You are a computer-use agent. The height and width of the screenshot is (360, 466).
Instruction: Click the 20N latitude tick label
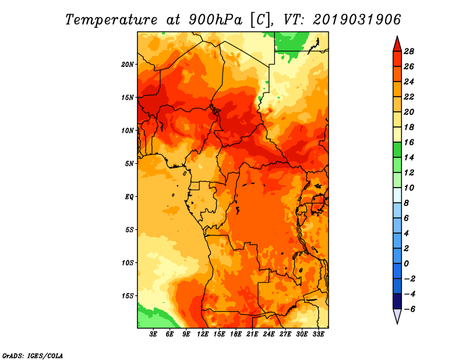click(127, 65)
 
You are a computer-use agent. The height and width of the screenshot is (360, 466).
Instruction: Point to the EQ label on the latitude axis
click(129, 197)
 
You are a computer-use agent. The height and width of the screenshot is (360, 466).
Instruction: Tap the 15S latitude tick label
click(128, 296)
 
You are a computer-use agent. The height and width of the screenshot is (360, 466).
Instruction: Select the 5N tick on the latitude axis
click(129, 164)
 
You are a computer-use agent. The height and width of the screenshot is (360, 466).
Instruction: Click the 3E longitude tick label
click(153, 334)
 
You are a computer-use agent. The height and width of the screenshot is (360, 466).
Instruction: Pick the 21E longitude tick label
click(252, 334)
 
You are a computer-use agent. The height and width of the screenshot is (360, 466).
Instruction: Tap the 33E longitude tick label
click(318, 334)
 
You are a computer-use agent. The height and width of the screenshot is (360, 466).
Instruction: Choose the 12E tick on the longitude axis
click(203, 334)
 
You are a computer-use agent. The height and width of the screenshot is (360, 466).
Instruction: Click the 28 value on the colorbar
click(409, 51)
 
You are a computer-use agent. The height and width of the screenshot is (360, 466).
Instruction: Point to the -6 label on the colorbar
click(409, 309)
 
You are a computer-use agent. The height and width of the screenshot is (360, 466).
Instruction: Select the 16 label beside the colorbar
click(409, 142)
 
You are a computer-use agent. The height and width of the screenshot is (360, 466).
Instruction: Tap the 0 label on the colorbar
click(406, 264)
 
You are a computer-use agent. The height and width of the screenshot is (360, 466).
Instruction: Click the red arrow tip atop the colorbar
click(397, 36)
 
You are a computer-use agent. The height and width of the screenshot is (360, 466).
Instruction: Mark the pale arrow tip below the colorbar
click(397, 323)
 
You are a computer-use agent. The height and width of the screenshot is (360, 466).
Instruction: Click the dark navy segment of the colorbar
click(397, 301)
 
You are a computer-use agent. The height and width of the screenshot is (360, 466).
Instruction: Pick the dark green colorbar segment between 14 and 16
click(397, 150)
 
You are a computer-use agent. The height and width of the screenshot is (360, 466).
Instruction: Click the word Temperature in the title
click(111, 20)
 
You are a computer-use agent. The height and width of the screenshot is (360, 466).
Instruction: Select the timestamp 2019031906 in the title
click(357, 20)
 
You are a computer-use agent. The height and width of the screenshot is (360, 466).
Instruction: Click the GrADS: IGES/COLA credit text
click(33, 355)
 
